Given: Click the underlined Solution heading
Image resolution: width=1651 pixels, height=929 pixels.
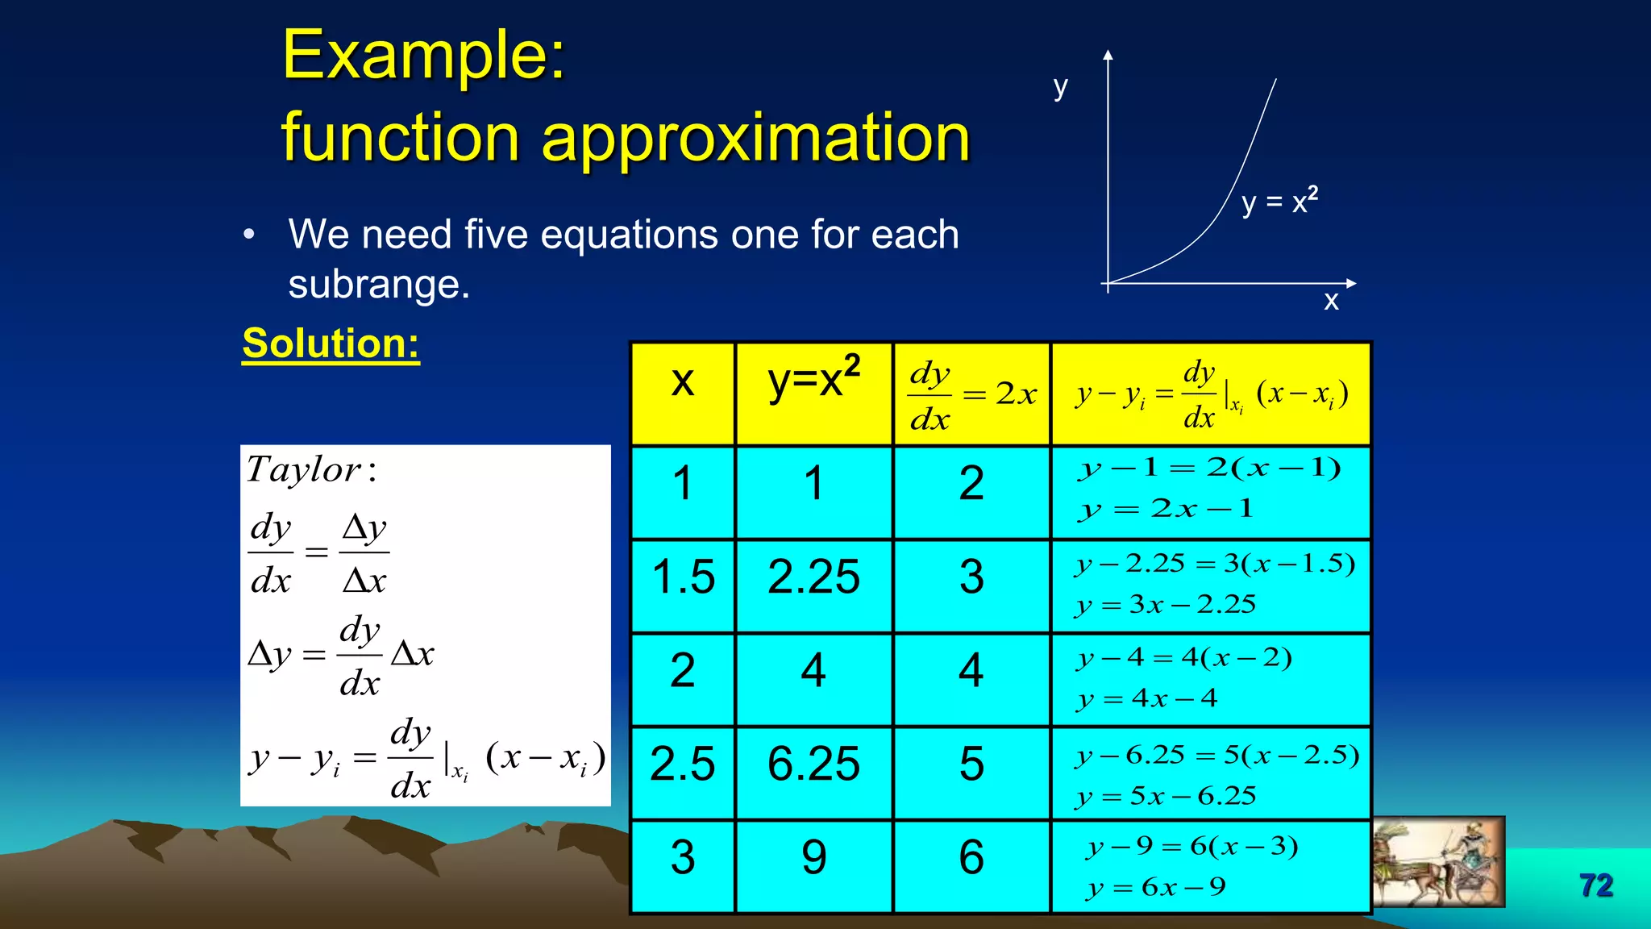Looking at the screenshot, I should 331,344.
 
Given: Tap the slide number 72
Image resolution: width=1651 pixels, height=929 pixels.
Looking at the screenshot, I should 1595,885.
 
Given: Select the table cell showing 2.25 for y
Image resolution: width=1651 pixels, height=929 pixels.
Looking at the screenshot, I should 813,577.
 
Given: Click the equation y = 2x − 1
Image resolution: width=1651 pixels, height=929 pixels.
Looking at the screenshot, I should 1166,509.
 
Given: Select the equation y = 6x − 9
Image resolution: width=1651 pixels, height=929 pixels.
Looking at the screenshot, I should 1156,888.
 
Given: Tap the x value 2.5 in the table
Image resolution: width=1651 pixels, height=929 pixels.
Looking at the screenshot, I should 682,764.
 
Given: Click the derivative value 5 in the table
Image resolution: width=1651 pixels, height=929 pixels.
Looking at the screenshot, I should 971,764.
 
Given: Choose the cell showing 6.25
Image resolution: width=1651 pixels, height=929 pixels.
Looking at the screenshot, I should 813,764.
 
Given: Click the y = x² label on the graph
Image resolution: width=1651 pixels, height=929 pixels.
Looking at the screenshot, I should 1279,202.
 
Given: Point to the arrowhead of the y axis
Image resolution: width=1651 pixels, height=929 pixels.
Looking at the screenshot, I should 1108,55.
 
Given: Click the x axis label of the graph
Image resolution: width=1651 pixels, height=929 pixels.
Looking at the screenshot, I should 1331,302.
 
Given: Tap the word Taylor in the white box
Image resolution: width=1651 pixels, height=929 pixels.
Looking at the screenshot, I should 303,470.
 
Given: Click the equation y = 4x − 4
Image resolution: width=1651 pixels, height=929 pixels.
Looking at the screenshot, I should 1147,698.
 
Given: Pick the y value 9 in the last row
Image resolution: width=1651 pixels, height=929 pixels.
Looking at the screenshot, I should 813,857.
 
